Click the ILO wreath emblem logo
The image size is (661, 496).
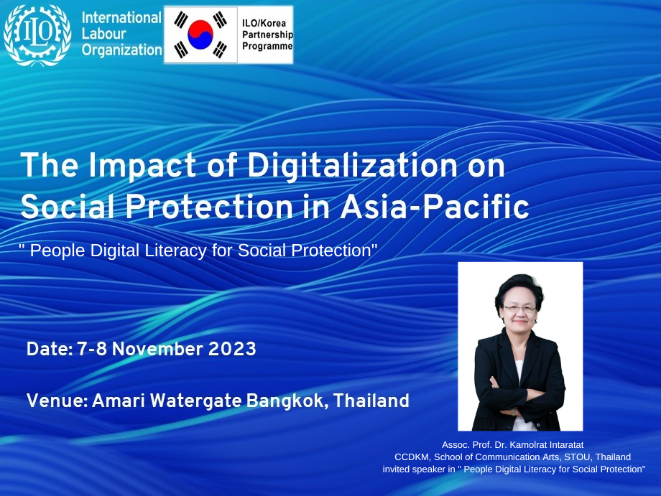pos(37,35)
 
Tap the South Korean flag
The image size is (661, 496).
pos(200,34)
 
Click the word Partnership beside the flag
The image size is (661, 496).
pos(267,34)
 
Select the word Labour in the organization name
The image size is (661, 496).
pos(103,34)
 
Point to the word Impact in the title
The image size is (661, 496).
pos(142,167)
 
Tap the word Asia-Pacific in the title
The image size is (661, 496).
pos(435,207)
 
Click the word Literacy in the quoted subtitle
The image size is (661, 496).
pos(176,251)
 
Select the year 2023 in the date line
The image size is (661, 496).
pos(232,349)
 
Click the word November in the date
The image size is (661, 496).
pos(157,349)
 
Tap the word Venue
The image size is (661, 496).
pos(57,401)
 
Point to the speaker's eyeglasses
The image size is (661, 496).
pos(519,309)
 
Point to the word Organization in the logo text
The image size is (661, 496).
pos(122,50)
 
